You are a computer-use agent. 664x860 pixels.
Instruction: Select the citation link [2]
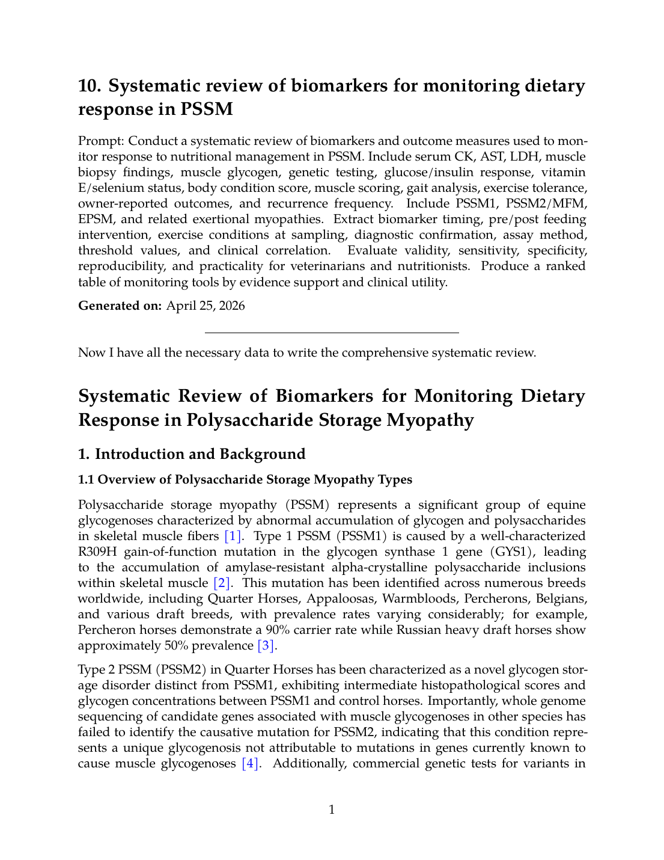(222, 583)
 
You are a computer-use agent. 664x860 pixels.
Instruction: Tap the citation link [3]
(267, 645)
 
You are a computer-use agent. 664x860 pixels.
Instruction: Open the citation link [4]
(251, 763)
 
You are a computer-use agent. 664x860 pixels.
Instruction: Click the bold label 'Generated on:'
(120, 306)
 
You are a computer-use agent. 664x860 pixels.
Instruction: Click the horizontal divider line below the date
(332, 333)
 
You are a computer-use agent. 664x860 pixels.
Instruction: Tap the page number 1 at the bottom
(332, 809)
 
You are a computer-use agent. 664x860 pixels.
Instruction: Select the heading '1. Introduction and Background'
(192, 454)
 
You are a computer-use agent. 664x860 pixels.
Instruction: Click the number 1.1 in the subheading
(87, 479)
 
